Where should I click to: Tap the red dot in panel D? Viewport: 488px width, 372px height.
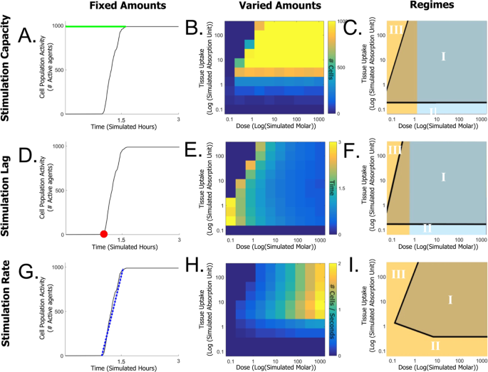coord(103,233)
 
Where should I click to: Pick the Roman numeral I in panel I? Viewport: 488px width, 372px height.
coord(450,299)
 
